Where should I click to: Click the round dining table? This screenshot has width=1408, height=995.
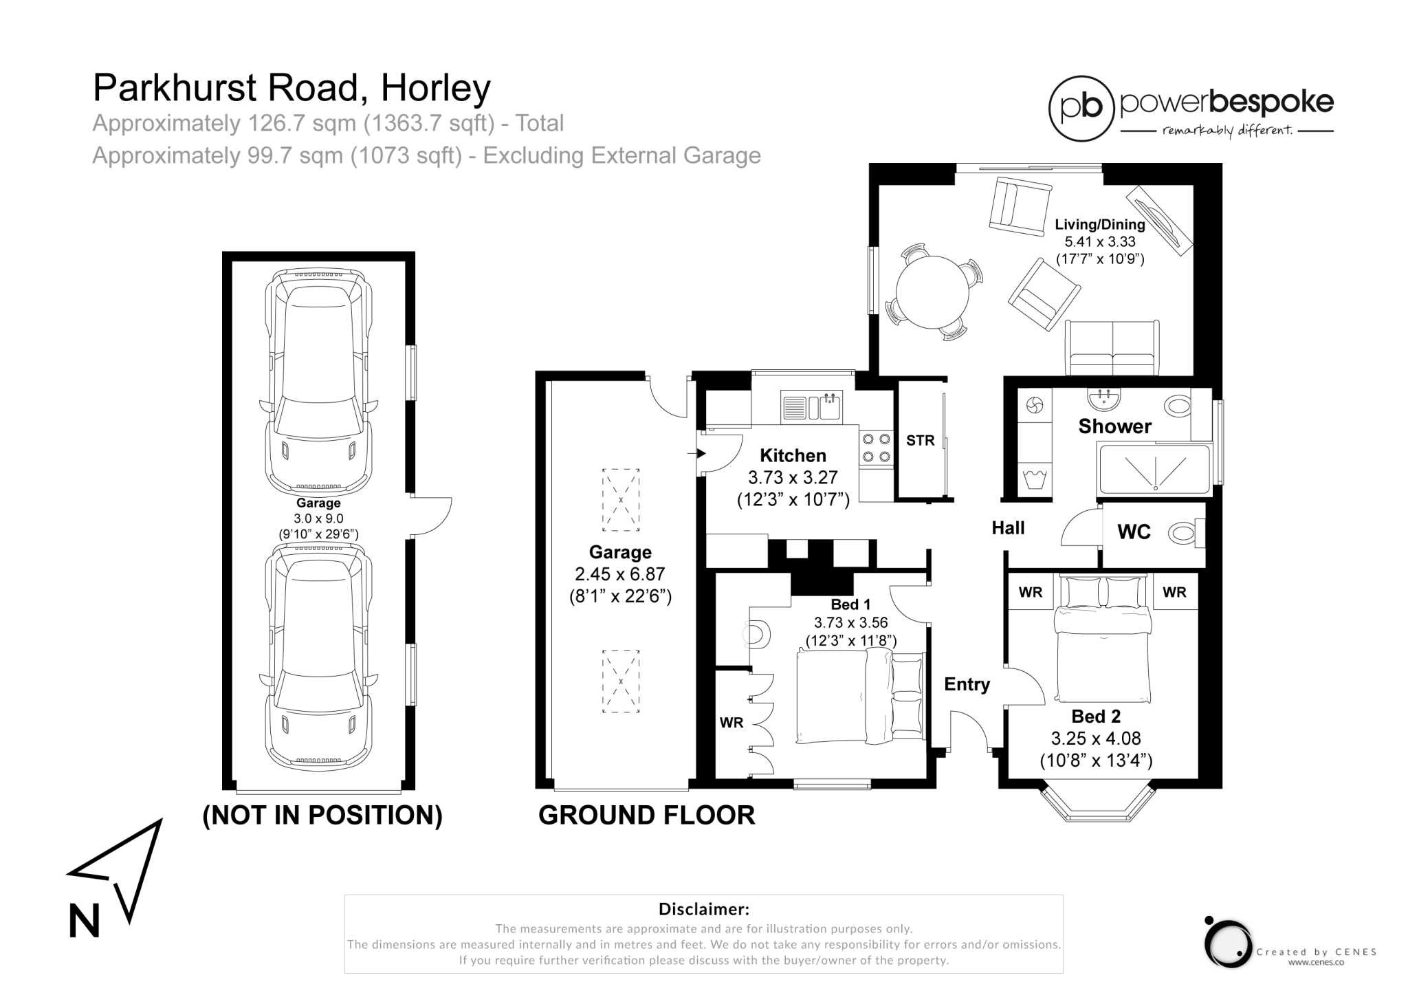(932, 292)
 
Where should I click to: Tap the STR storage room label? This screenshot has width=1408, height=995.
(920, 441)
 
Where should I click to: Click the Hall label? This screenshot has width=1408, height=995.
(1008, 528)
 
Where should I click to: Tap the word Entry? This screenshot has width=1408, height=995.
(967, 684)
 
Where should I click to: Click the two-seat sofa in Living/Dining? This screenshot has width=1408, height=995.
(1112, 349)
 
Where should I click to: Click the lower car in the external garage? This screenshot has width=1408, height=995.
(318, 657)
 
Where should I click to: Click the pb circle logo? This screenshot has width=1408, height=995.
(1081, 109)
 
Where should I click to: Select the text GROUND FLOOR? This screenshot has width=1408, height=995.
(646, 815)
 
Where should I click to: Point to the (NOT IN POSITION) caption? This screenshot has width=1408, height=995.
(322, 815)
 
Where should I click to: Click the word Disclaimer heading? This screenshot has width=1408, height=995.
(703, 909)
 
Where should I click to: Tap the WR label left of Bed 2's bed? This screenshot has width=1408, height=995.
(1030, 592)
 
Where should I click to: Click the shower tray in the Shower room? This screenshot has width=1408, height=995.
(1154, 469)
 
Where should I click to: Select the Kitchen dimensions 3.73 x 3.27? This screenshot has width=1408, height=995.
(793, 477)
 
